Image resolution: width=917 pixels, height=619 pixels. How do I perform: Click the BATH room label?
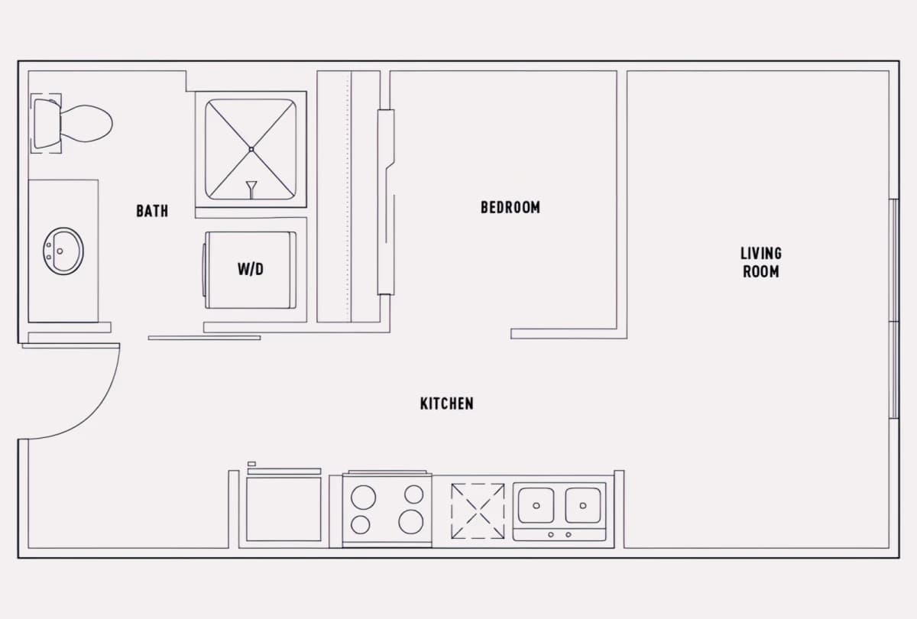[152, 211]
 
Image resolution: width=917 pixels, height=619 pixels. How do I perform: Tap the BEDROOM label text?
[510, 207]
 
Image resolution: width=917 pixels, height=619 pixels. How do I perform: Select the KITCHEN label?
[446, 403]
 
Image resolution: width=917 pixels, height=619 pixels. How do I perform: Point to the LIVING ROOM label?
[761, 262]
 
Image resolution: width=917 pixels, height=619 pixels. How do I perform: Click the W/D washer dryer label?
[251, 269]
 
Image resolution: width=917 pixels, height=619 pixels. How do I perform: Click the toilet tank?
[47, 123]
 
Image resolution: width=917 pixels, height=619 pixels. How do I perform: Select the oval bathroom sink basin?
[63, 251]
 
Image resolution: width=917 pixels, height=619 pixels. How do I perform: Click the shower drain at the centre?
[251, 150]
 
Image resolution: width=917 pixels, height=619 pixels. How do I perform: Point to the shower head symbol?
[251, 190]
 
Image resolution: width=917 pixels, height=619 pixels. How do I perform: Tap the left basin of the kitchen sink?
[536, 505]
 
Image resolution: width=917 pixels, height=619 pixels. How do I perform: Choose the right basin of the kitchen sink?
[583, 505]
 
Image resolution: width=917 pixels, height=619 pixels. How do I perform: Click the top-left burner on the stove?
[363, 497]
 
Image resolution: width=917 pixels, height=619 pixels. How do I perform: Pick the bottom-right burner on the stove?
[410, 522]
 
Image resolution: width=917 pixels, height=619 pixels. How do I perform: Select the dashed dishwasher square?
[478, 511]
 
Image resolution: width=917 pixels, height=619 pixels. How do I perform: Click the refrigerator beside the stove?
[284, 509]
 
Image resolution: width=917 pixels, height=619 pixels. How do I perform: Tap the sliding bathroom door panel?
[204, 338]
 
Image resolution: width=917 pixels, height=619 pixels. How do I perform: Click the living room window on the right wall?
[894, 309]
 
